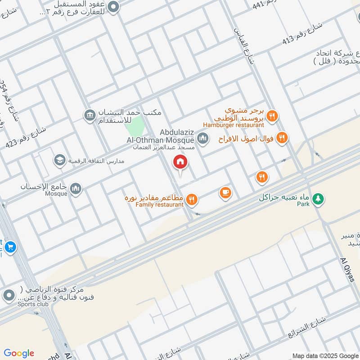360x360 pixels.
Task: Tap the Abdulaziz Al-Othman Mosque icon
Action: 203,138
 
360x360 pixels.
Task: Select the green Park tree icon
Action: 318,198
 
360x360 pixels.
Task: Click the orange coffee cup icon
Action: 225,193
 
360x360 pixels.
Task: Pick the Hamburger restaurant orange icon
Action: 272,117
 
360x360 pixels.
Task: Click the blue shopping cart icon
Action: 10,247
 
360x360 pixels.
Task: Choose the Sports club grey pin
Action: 8,296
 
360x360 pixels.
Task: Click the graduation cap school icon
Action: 59,160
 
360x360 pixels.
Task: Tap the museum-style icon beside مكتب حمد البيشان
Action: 90,115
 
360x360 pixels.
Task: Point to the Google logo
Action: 19,353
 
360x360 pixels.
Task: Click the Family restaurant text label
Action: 156,205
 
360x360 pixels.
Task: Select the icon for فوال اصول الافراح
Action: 282,138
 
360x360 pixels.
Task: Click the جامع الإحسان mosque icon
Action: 76,189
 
